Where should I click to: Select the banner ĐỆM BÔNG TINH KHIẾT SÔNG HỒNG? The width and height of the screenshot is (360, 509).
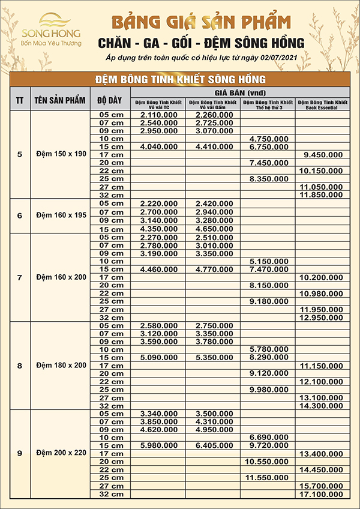(180, 79)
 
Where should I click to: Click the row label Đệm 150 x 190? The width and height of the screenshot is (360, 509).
(61, 154)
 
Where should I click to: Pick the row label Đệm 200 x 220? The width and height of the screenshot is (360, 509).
(61, 453)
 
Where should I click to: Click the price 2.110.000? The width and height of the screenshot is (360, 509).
(159, 114)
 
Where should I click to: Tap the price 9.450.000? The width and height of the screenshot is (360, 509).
(323, 154)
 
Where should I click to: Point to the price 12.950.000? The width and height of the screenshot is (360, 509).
(323, 317)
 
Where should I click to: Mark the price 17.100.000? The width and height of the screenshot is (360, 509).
(323, 493)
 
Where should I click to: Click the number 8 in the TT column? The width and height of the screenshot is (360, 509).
(20, 365)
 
